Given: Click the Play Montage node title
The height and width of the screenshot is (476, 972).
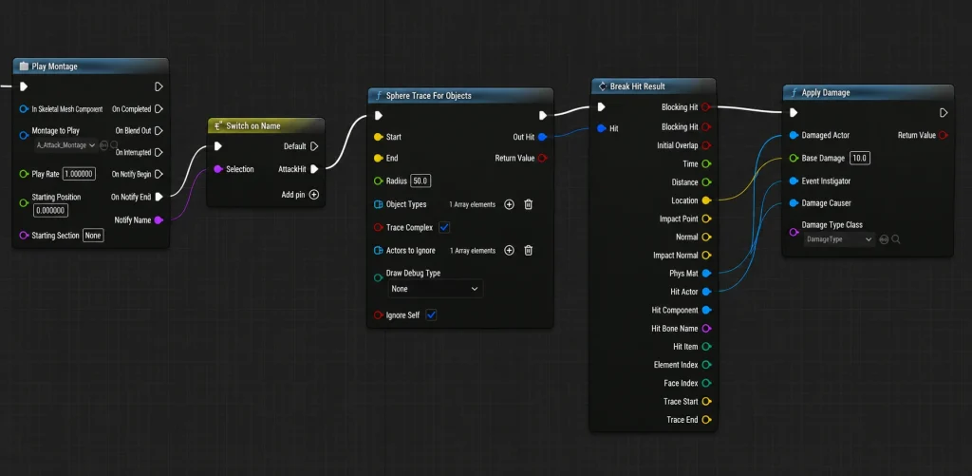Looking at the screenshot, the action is [54, 67].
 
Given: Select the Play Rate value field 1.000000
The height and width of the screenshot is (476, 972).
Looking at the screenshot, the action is [80, 174].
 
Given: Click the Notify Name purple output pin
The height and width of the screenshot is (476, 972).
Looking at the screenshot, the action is [159, 220].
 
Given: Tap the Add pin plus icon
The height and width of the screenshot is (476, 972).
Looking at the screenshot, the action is [314, 194].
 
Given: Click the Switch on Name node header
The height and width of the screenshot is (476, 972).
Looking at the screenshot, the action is [266, 126].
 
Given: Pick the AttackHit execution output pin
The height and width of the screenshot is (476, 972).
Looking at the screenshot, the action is [314, 169].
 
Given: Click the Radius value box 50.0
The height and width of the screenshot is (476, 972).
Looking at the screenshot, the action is [421, 181].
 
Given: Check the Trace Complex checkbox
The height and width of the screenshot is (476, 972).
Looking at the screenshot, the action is [444, 228].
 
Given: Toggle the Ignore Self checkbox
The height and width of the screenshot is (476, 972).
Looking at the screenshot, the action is [432, 315].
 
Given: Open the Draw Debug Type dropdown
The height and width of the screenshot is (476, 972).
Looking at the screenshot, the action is [435, 289].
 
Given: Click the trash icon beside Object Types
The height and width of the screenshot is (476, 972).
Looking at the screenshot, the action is [528, 204].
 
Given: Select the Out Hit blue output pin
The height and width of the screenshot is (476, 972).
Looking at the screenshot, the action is [542, 137].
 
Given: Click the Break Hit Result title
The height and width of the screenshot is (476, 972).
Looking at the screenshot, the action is [637, 86].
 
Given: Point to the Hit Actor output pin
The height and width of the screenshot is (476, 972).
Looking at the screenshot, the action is [706, 292].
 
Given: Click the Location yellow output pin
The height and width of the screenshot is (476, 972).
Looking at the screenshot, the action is [706, 200].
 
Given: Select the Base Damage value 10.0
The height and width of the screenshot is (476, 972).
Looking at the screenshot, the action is [860, 159].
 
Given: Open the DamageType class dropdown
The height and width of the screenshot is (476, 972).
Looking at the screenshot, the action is [839, 238].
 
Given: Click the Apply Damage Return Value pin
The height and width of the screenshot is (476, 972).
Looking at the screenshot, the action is [944, 135].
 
